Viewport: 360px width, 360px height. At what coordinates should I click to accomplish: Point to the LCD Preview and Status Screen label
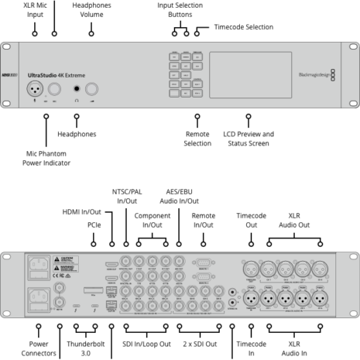coord(247,139)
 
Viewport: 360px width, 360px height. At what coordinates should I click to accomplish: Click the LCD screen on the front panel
coord(245,75)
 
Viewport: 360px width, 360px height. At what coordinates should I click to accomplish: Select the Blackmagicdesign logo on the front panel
coord(314,75)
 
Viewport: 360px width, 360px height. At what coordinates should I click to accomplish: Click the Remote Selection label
coord(197,139)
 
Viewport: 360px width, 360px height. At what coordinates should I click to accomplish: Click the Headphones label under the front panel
coord(77,134)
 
